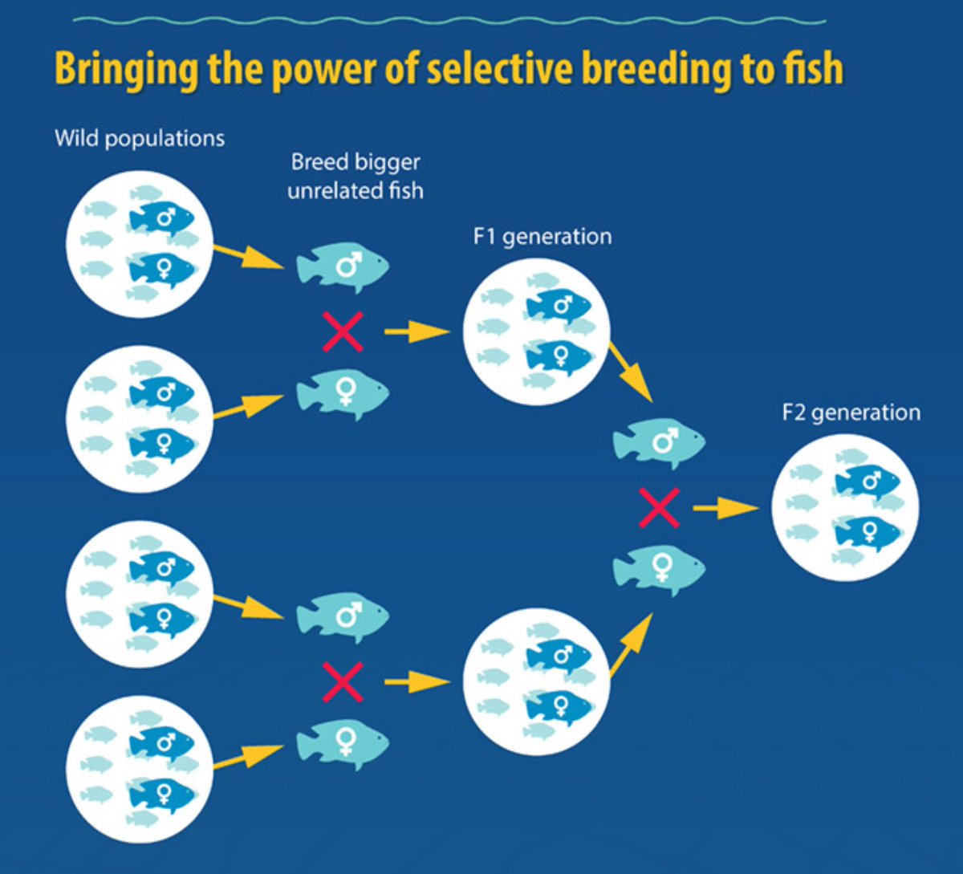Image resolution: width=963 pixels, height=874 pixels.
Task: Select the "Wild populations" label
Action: pos(140,138)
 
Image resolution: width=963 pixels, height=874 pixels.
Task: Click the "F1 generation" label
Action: pos(542,237)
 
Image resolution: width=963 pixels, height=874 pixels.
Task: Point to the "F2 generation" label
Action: pos(851,413)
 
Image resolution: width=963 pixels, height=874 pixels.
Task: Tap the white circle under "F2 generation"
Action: pos(845,507)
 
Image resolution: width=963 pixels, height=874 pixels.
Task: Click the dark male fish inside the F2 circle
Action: pos(868,482)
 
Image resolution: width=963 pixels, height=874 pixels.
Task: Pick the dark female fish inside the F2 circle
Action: pos(868,530)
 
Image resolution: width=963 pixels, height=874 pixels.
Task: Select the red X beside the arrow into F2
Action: pos(659,508)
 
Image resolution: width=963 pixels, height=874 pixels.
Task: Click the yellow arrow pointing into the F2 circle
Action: pos(725,508)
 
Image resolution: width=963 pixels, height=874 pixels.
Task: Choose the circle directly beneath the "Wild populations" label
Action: pos(140,244)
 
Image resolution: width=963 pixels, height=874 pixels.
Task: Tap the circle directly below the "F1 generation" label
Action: pos(536,331)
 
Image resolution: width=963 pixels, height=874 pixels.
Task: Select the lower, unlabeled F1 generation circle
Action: pos(536,681)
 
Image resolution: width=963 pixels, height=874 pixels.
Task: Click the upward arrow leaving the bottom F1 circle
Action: pos(631,645)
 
